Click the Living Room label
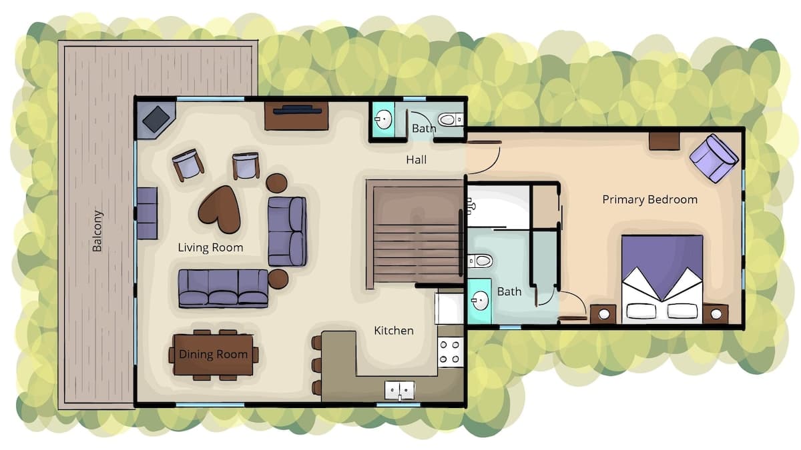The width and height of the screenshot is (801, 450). tap(211, 247)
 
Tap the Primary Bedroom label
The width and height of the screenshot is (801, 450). tap(649, 199)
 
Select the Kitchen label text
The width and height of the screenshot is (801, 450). tap(394, 331)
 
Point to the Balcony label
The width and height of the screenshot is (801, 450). tap(97, 231)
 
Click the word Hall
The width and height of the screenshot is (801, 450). tap(417, 159)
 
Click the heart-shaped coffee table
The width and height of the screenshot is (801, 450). tap(220, 209)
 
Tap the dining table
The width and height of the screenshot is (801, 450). tap(214, 355)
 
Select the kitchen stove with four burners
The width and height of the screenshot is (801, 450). tap(451, 352)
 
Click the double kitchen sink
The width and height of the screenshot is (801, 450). tap(400, 391)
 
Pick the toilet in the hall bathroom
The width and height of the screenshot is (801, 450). tap(450, 119)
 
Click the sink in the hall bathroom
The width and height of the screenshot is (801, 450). tap(383, 119)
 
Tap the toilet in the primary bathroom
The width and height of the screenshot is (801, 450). tap(480, 261)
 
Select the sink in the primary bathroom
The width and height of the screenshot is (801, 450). tap(479, 301)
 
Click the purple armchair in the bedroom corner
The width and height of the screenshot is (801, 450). tap(714, 158)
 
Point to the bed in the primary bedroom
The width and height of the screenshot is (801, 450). tap(662, 279)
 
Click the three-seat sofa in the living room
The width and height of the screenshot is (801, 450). tap(223, 289)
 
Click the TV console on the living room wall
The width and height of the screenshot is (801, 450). tap(296, 116)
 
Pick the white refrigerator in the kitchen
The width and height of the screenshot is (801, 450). tap(449, 309)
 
